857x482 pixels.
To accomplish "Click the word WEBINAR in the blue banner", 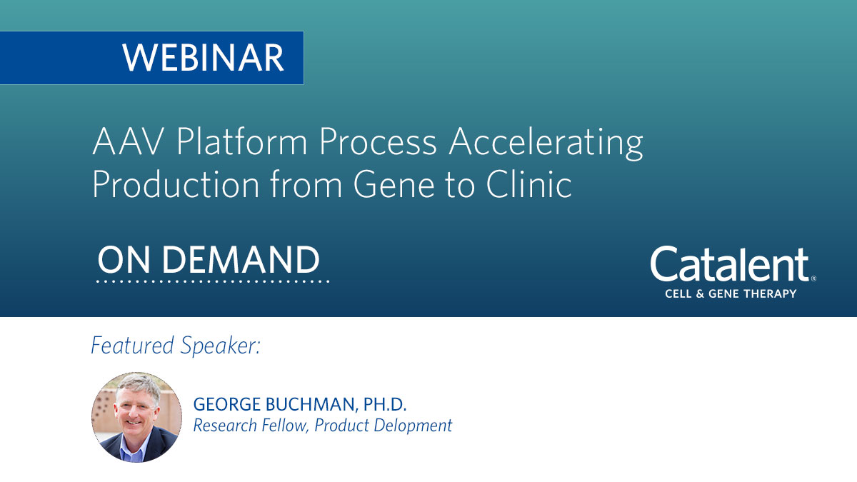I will pyautogui.click(x=203, y=58).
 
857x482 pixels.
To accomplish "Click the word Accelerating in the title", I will pyautogui.click(x=546, y=144).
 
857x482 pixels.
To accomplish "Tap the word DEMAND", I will pyautogui.click(x=241, y=261).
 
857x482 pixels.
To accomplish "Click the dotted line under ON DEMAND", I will pyautogui.click(x=213, y=281).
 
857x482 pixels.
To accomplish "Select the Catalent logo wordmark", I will pyautogui.click(x=730, y=266).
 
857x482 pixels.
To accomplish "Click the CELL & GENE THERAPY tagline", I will pyautogui.click(x=730, y=293).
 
